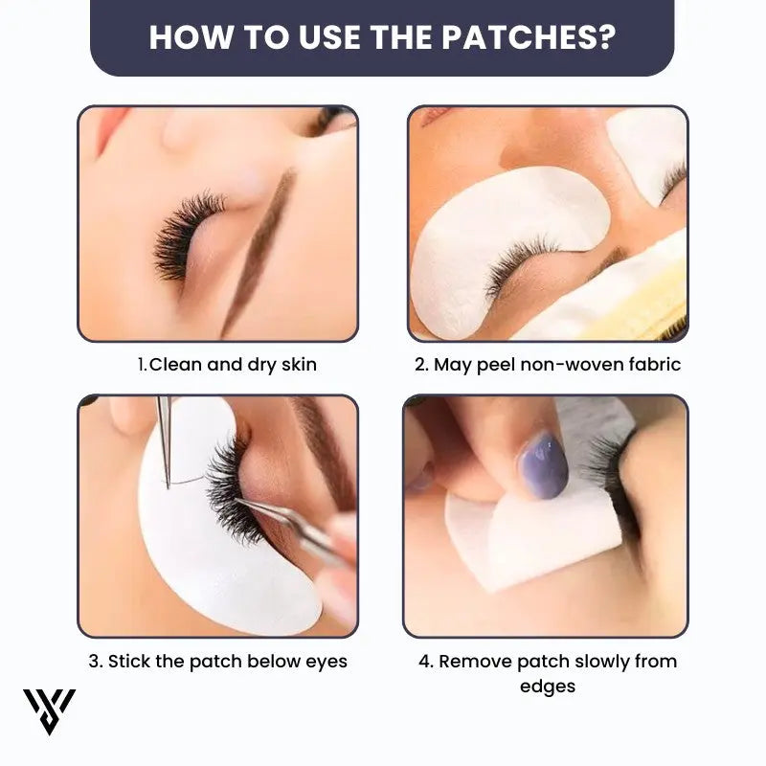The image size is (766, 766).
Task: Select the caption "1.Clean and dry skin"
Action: click(226, 364)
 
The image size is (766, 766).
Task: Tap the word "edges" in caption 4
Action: click(547, 686)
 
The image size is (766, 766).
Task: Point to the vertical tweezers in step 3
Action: click(165, 440)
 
